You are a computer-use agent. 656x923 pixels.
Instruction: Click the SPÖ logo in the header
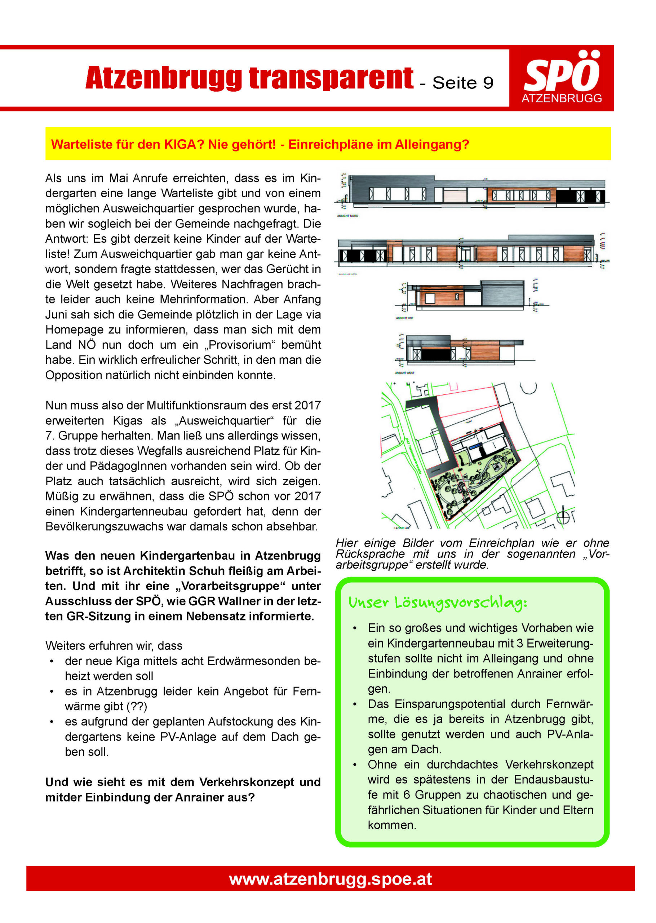(x=562, y=72)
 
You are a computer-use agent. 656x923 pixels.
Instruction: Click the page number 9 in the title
(x=488, y=83)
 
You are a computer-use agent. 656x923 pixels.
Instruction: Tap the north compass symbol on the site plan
(x=563, y=517)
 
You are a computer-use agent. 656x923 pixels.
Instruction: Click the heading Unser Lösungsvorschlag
(x=438, y=603)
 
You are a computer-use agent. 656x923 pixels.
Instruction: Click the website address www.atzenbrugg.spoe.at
(x=331, y=879)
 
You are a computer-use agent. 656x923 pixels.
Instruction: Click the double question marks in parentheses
(x=137, y=706)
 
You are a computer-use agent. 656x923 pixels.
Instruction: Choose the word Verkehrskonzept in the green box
(x=549, y=765)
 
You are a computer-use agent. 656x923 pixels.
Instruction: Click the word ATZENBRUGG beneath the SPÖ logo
(x=562, y=98)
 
